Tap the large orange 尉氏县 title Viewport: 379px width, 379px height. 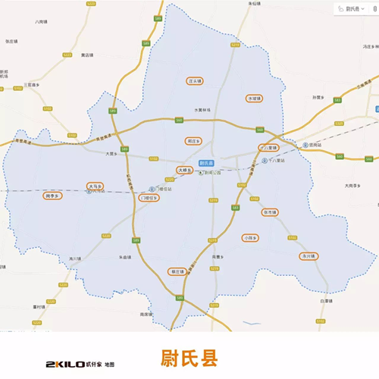pyautogui.click(x=189, y=357)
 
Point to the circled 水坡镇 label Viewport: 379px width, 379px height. pyautogui.click(x=253, y=99)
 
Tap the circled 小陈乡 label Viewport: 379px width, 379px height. pyautogui.click(x=251, y=238)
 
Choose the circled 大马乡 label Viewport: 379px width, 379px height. pyautogui.click(x=95, y=186)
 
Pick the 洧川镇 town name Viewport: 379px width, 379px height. pyautogui.click(x=74, y=258)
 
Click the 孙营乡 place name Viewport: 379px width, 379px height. pyautogui.click(x=318, y=97)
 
